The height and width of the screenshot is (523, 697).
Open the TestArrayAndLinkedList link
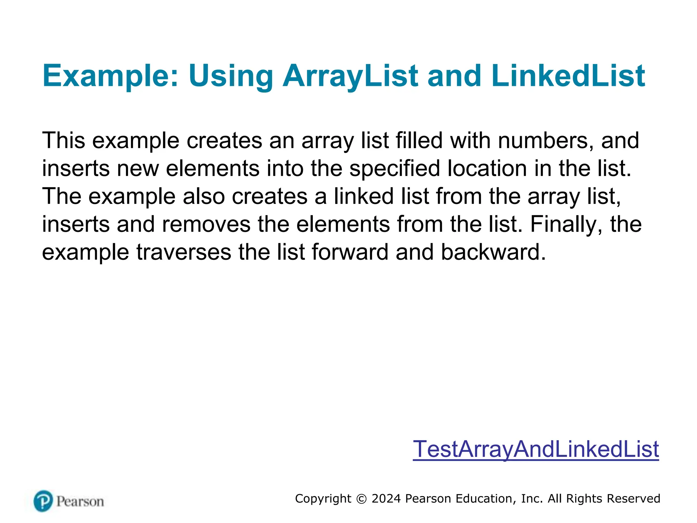pos(536,449)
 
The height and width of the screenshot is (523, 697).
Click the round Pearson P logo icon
pos(43,501)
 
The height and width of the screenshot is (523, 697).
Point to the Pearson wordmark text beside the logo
pos(80,502)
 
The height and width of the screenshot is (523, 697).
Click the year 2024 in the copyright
pos(386,498)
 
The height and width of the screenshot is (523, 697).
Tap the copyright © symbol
pos(361,499)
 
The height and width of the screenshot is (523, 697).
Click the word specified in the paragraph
pos(395,168)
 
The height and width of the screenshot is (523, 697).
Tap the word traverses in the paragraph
pos(184,252)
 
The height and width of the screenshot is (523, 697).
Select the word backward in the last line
pos(493,252)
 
